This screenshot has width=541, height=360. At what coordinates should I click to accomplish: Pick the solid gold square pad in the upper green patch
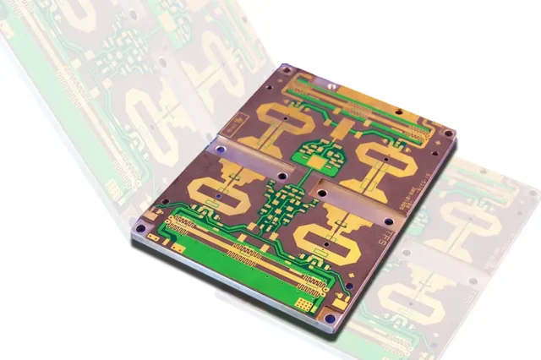[x=314, y=157]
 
